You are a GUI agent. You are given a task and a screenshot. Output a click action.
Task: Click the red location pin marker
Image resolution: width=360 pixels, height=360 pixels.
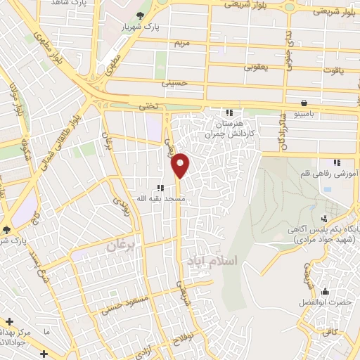181,165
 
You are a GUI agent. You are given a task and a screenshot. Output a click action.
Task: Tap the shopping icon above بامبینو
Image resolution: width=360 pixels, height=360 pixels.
303,102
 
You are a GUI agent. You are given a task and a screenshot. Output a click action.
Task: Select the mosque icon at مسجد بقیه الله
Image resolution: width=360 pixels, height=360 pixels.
160,188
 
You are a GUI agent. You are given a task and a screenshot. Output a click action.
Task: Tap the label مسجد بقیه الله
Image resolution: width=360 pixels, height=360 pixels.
151,199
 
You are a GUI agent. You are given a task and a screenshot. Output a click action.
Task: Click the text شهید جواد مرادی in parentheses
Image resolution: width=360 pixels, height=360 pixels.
315,239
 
